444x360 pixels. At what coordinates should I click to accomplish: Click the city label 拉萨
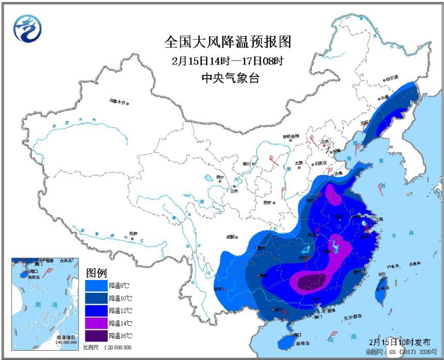(134, 233)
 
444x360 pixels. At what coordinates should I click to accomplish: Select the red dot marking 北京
(324, 146)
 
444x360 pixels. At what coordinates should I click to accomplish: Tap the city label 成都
(230, 237)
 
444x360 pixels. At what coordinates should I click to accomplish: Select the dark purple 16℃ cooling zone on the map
(308, 281)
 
